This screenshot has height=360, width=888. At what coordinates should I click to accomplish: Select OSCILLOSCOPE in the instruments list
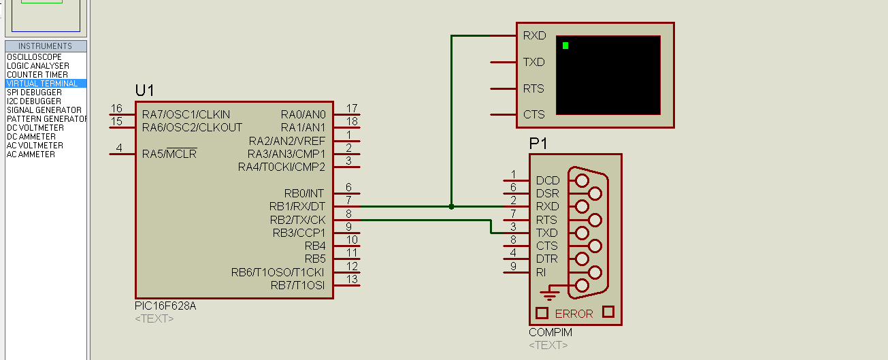[x=34, y=57]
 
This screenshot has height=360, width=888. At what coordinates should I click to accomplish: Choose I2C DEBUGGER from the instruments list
[x=34, y=101]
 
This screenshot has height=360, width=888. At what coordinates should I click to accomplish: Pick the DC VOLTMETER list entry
[x=35, y=128]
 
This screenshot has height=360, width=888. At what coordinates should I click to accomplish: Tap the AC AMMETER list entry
[x=31, y=154]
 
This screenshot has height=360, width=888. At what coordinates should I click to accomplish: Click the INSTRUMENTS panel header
[x=46, y=46]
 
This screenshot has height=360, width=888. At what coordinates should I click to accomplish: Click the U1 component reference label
[x=144, y=91]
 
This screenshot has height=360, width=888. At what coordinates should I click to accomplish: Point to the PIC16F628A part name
[x=165, y=306]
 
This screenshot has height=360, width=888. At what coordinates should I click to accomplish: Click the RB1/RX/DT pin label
[x=297, y=207]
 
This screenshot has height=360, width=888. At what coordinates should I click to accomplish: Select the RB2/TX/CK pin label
[x=297, y=220]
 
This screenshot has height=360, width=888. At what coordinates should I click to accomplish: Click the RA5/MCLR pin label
[x=169, y=153]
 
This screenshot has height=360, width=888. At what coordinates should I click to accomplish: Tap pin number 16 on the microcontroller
[x=116, y=108]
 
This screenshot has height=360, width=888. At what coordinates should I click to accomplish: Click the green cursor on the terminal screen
[x=565, y=46]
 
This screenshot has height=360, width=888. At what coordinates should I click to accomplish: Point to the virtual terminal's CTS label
[x=533, y=114]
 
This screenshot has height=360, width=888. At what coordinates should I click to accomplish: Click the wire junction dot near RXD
[x=451, y=207]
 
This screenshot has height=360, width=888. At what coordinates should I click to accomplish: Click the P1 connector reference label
[x=538, y=144]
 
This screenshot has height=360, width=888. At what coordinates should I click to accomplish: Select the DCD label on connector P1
[x=548, y=181]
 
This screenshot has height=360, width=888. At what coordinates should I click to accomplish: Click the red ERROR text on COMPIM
[x=574, y=314]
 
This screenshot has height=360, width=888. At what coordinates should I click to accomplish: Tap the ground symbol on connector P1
[x=549, y=293]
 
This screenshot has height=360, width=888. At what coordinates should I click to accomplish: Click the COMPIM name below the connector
[x=550, y=332]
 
